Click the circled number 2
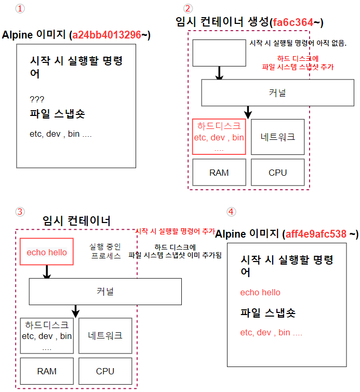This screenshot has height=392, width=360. pos(188,9)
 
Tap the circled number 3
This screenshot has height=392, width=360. pos(20,212)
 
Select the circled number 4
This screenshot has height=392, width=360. pos(231,212)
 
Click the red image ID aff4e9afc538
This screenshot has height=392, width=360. pos(316,234)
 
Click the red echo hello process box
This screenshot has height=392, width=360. pos(47,253)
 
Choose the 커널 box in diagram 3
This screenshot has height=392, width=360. pos(105,291)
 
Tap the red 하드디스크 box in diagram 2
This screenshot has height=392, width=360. pos(219,137)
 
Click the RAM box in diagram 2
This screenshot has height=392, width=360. pos(219,173)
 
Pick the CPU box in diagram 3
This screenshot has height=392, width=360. pos(105,372)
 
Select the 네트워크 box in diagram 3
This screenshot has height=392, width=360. pos(105,335)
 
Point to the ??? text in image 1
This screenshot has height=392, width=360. pos(37,99)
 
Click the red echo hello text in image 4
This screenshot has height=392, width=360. pos(260,292)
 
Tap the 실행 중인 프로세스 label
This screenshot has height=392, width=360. pos(106,251)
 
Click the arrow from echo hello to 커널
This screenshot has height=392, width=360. pos(47,272)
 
